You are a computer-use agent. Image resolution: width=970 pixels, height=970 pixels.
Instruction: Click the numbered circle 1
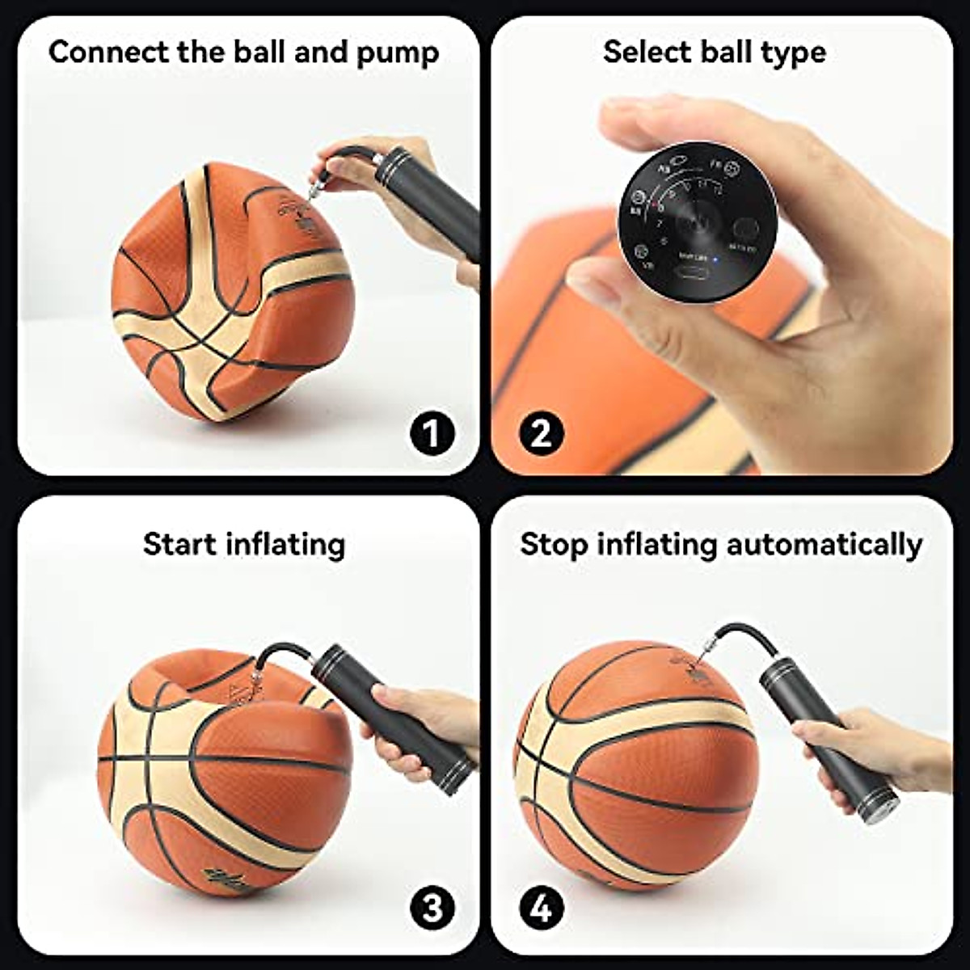pos(432,433)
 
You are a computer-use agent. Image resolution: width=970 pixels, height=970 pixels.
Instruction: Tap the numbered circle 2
pos(541,433)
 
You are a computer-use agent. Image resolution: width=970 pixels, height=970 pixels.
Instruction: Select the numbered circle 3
pos(432,909)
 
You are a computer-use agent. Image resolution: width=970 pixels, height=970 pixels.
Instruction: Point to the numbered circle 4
pos(541,909)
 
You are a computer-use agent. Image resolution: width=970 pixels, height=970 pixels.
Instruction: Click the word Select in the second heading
pos(643,53)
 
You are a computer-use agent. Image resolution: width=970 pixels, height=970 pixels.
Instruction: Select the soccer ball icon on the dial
pos(732,168)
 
